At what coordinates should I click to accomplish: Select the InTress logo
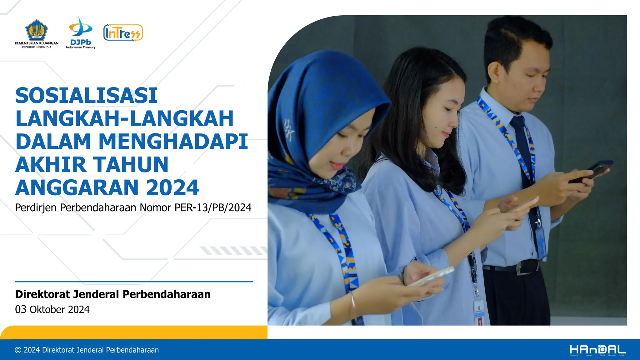click(x=123, y=32)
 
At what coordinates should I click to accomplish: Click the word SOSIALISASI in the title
click(x=86, y=95)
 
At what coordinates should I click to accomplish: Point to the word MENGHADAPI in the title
click(x=173, y=142)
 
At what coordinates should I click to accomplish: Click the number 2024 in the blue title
click(x=172, y=187)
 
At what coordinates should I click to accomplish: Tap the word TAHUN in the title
click(x=131, y=164)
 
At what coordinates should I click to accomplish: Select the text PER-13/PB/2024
click(x=213, y=207)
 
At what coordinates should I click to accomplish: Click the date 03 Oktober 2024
click(x=52, y=309)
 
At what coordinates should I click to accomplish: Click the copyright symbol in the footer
click(x=18, y=350)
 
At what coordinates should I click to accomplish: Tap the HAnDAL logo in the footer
click(x=597, y=350)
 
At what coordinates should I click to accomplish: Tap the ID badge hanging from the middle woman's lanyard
click(x=479, y=312)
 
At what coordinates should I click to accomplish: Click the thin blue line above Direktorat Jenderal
click(x=134, y=282)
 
